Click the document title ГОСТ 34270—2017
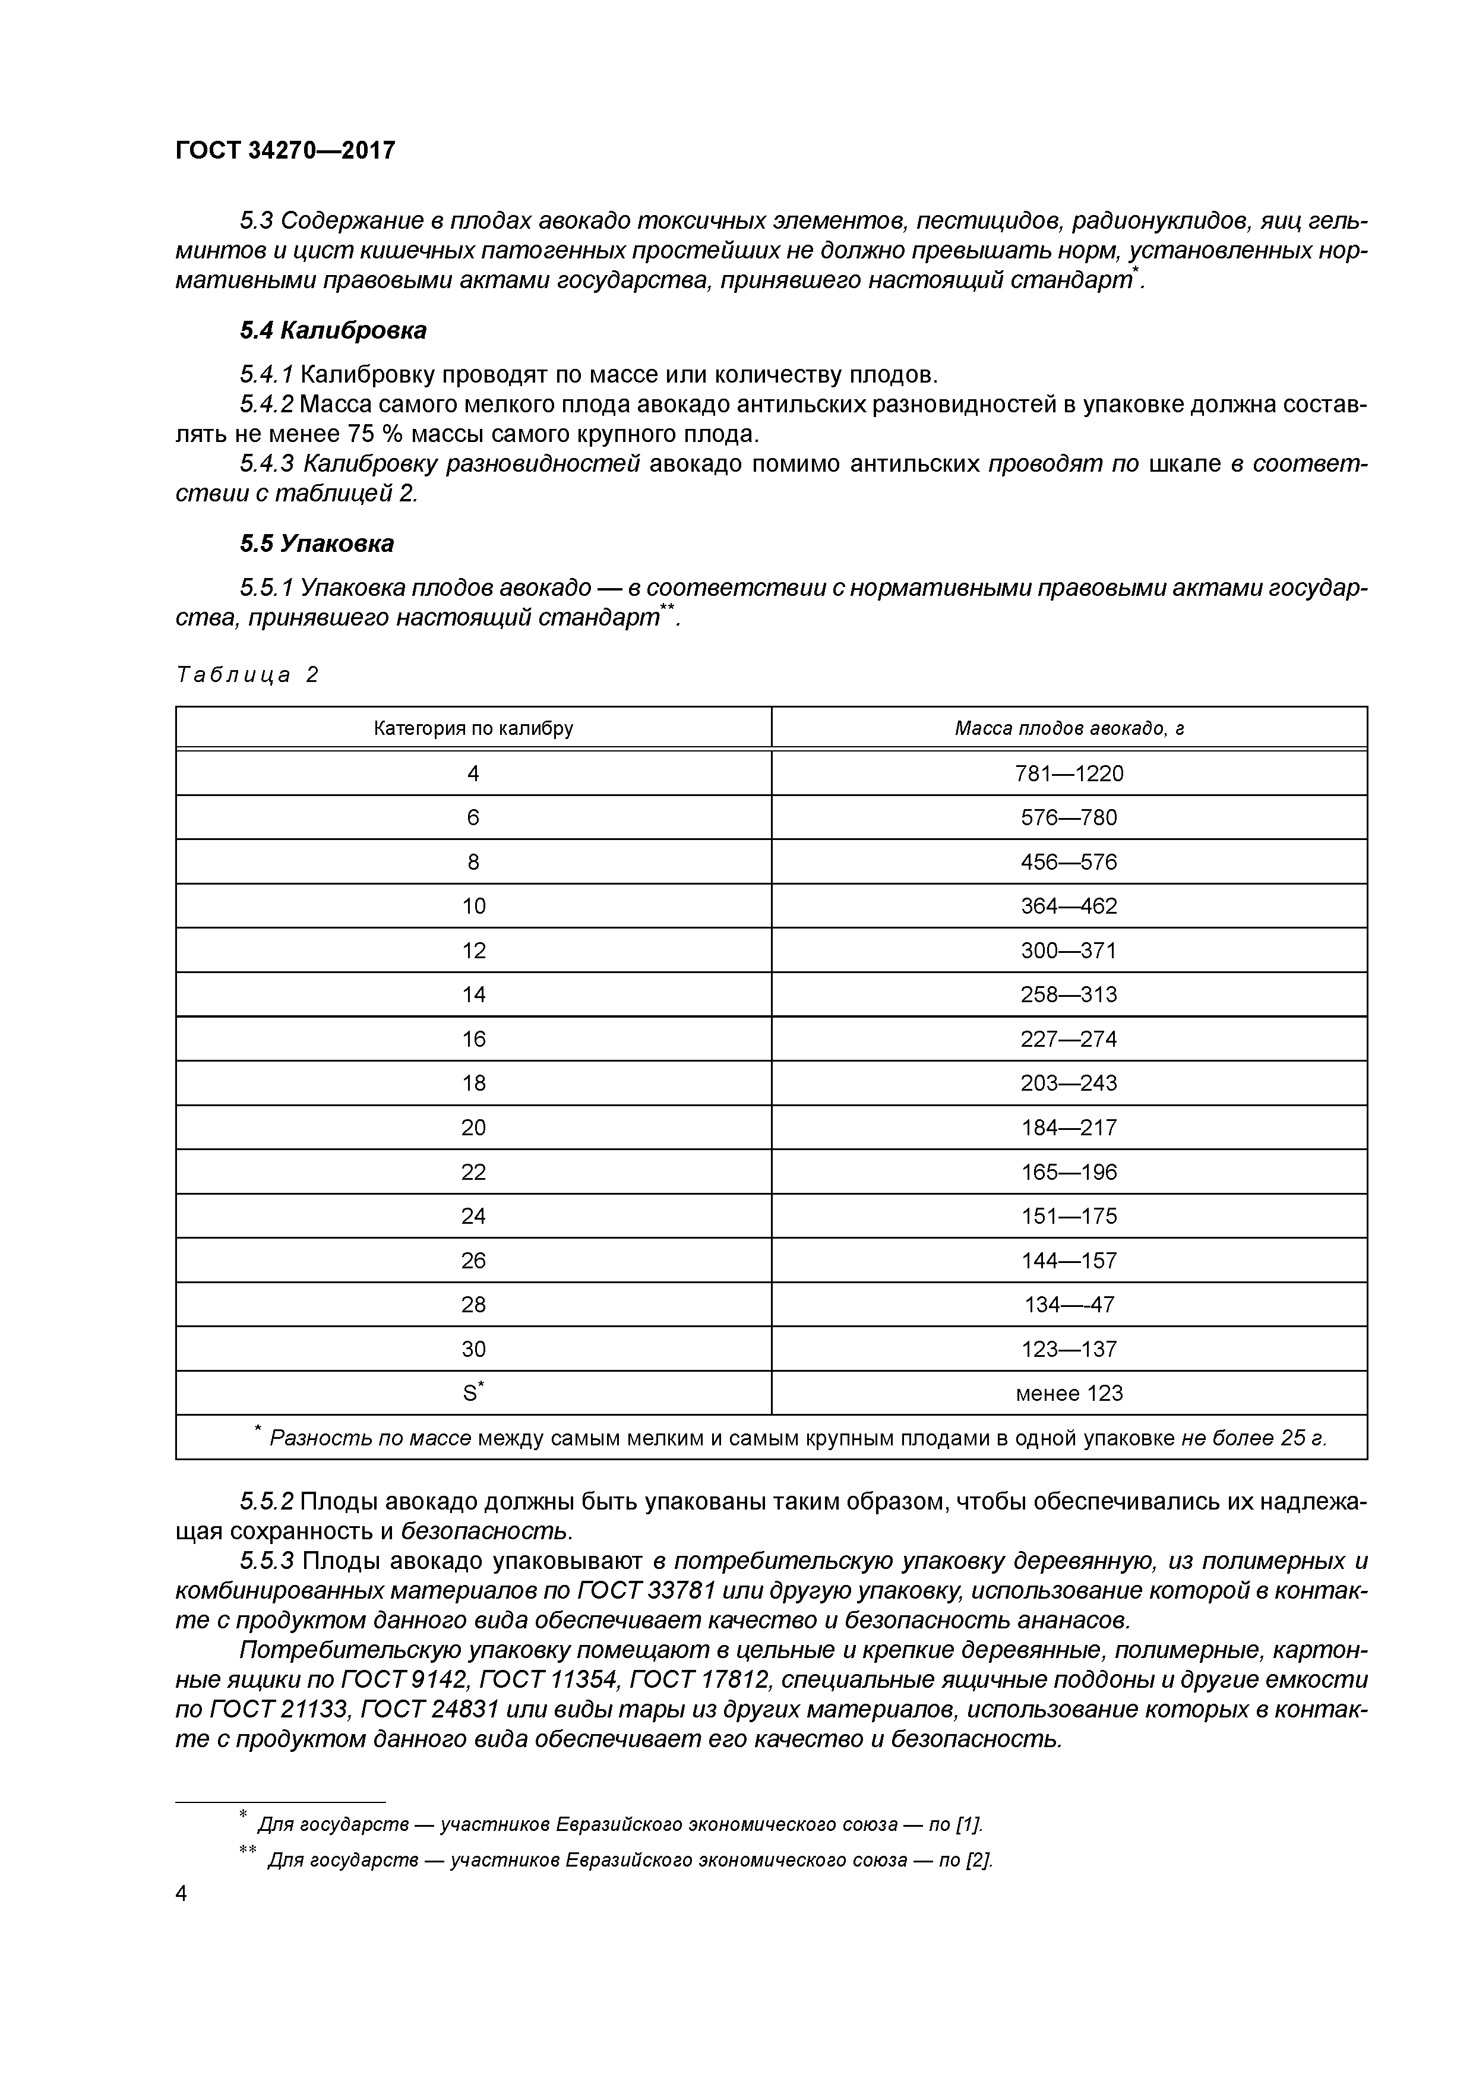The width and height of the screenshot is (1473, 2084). (x=285, y=150)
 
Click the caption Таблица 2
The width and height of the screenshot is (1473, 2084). (x=248, y=674)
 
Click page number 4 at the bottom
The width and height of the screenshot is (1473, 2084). (x=182, y=1893)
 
